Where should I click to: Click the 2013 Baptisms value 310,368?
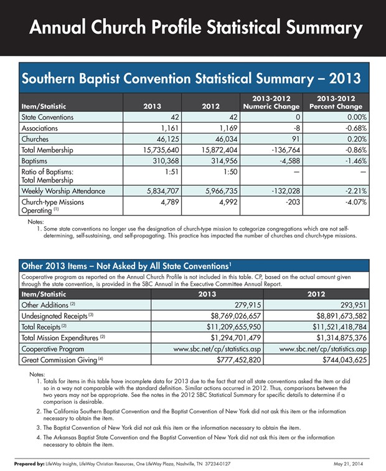166,161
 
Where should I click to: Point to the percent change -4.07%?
356,202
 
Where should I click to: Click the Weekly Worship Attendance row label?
64,191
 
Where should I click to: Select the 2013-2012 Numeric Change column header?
271,102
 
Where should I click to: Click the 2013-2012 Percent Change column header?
336,102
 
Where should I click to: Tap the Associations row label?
40,128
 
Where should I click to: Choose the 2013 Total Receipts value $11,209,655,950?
234,327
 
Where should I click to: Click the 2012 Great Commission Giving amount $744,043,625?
344,360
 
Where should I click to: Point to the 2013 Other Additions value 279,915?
248,305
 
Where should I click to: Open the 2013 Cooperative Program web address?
217,349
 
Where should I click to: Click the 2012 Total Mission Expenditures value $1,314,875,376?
342,338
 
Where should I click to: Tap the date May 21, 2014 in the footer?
348,464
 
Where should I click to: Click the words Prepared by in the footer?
29,464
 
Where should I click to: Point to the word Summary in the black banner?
324,27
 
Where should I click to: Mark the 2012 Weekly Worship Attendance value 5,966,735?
222,191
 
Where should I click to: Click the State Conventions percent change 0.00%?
357,117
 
